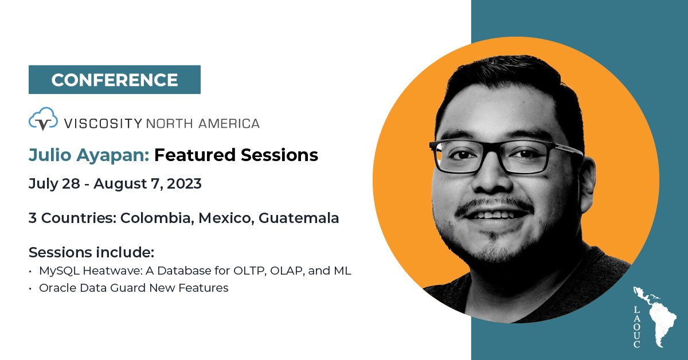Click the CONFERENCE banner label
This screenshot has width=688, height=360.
pos(114,80)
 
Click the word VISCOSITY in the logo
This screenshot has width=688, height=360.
pos(103,123)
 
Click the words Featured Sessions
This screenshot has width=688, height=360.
pos(236,155)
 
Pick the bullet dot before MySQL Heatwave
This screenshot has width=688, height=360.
pos(31,271)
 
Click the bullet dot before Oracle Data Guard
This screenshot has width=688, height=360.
pos(31,288)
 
